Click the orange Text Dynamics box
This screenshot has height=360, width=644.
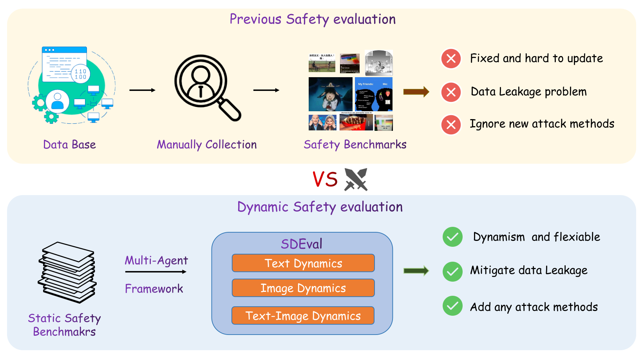point(303,263)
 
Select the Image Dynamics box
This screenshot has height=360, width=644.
point(303,288)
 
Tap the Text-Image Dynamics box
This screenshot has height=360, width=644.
point(303,316)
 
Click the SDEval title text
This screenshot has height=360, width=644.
point(302,244)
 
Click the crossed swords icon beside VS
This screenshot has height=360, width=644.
point(356,179)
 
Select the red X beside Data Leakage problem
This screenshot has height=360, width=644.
point(451,92)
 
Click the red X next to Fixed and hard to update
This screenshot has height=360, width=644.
point(451,59)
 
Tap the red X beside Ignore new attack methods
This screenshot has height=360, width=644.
point(451,125)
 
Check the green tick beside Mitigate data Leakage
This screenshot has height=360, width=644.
point(452,271)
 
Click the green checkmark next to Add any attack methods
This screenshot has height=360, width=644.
point(452,306)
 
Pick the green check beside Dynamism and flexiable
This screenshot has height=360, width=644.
point(452,237)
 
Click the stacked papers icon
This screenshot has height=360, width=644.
point(67,272)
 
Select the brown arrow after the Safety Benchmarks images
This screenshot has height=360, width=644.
point(416,92)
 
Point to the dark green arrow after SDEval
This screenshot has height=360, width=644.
point(416,271)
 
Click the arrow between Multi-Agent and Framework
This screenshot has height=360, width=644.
point(156,271)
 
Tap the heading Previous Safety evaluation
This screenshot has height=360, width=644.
point(313,19)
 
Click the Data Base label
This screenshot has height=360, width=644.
point(69,145)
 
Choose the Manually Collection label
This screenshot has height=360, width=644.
point(207,145)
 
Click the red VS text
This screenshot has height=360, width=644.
point(325,180)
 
